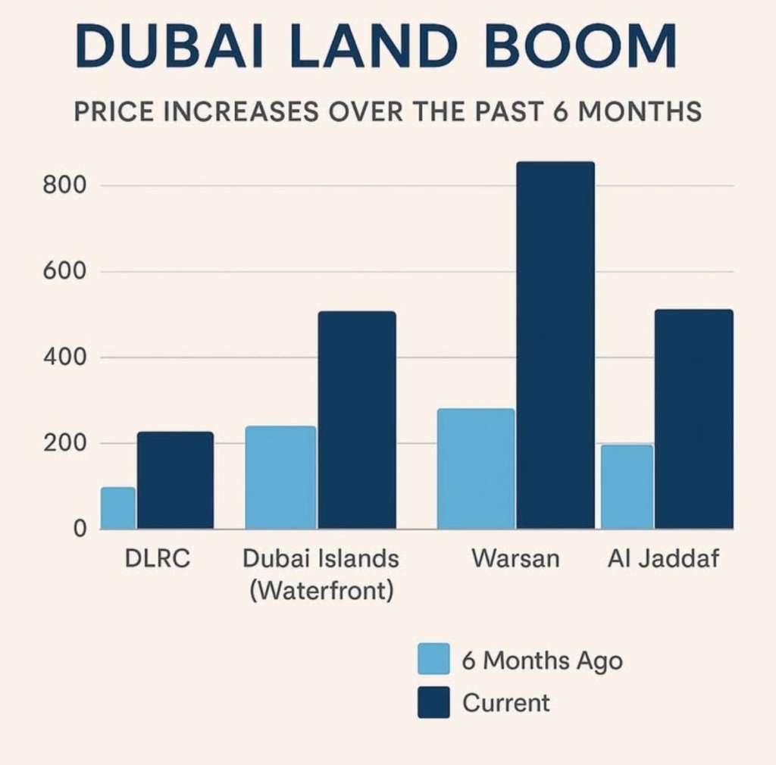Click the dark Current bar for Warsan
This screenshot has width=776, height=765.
(x=555, y=345)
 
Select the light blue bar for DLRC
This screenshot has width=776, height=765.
(x=118, y=507)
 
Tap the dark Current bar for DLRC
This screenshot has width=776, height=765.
(x=175, y=480)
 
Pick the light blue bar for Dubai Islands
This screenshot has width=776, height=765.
(x=280, y=477)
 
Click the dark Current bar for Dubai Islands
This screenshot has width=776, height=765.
(x=357, y=420)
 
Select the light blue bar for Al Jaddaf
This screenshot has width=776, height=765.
(x=627, y=486)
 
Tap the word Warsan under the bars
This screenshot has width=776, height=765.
(x=515, y=560)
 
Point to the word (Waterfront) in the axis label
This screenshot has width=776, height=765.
(x=321, y=589)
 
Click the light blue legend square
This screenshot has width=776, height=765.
(x=433, y=659)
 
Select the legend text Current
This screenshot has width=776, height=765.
(x=506, y=703)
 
